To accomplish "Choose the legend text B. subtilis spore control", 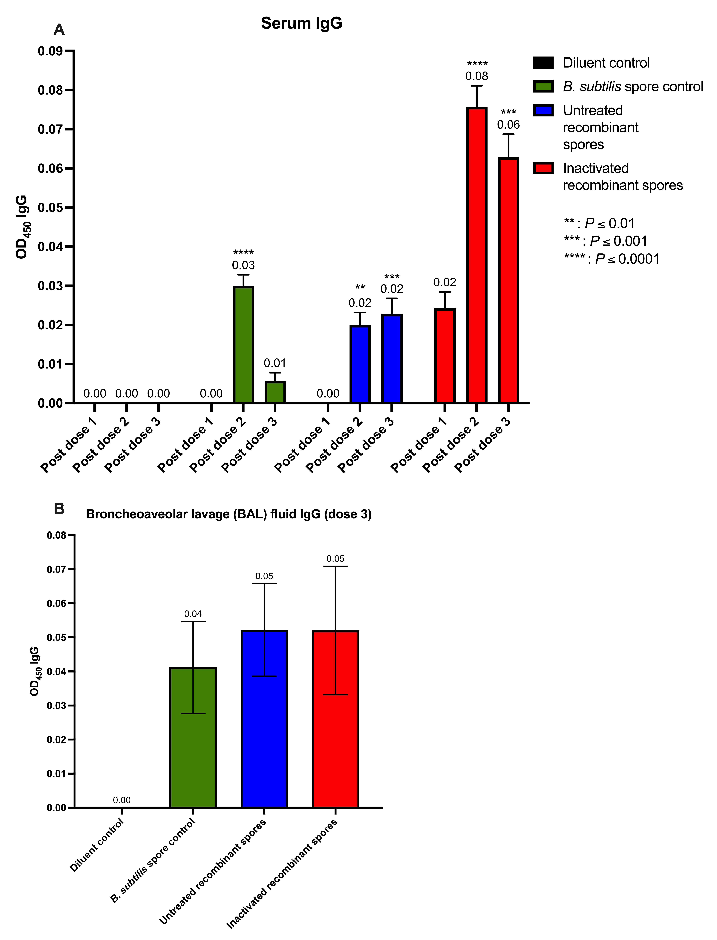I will [633, 87].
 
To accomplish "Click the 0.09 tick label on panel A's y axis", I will [50, 51].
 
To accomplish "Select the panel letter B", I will [59, 509].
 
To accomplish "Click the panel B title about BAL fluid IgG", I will [229, 514].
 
